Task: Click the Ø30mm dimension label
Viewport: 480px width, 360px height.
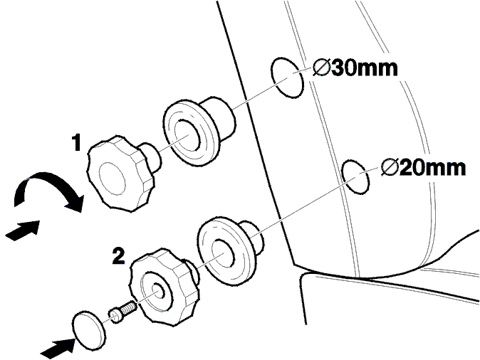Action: pyautogui.click(x=355, y=68)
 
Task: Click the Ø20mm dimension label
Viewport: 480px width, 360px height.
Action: pyautogui.click(x=423, y=168)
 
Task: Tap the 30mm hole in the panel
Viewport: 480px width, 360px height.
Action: pyautogui.click(x=287, y=78)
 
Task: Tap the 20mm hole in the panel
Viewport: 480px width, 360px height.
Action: pyautogui.click(x=355, y=176)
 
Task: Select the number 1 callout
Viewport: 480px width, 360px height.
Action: pyautogui.click(x=77, y=143)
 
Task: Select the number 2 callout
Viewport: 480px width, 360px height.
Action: pyautogui.click(x=118, y=256)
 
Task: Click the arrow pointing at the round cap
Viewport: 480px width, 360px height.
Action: pyautogui.click(x=58, y=349)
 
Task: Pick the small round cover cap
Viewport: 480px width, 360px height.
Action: pyautogui.click(x=89, y=330)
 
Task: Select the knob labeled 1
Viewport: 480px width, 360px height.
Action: pyautogui.click(x=121, y=174)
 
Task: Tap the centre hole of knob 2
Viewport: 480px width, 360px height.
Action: pyautogui.click(x=159, y=291)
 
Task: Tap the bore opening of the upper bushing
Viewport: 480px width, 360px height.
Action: pyautogui.click(x=188, y=135)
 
